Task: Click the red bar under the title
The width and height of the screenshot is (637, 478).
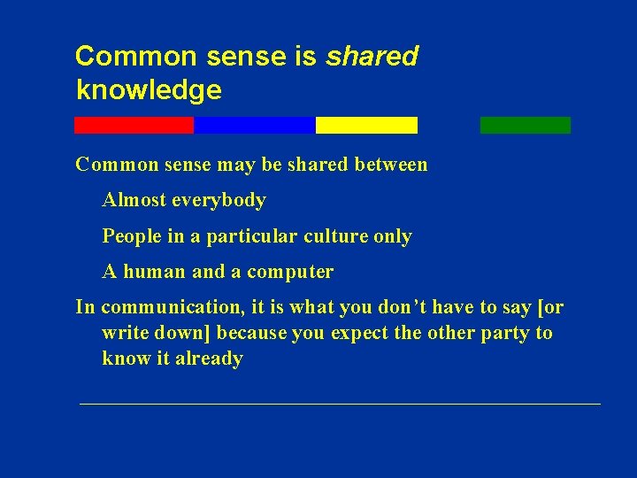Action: pyautogui.click(x=134, y=125)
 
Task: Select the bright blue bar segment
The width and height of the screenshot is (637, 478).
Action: pyautogui.click(x=254, y=125)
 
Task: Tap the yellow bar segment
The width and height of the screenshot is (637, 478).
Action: pyautogui.click(x=366, y=125)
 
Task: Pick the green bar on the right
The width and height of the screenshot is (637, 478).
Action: pyautogui.click(x=526, y=125)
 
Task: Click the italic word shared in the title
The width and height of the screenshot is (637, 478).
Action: pyautogui.click(x=372, y=57)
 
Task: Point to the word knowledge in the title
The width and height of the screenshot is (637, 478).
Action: pyautogui.click(x=149, y=90)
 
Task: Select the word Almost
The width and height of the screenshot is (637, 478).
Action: pyautogui.click(x=134, y=201)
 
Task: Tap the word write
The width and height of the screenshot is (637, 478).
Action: pyautogui.click(x=123, y=334)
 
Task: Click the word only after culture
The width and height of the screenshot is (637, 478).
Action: pyautogui.click(x=393, y=236)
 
